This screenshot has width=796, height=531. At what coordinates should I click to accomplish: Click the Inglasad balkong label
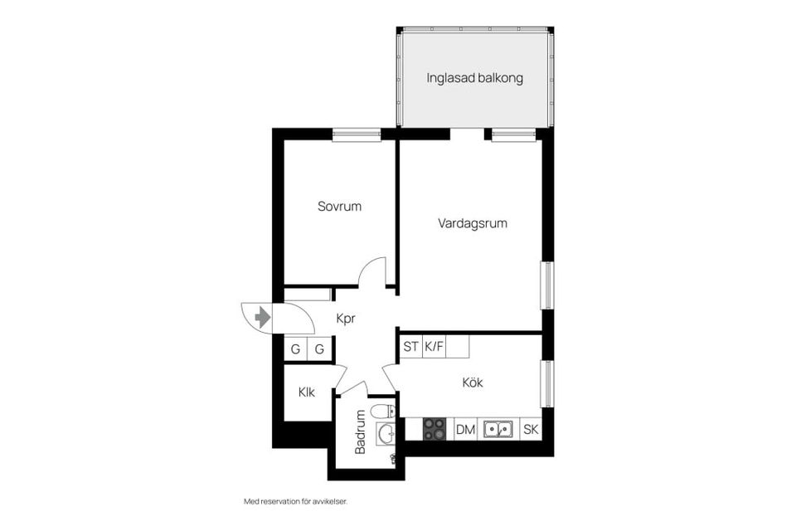click(474, 78)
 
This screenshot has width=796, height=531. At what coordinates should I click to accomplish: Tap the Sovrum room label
click(339, 207)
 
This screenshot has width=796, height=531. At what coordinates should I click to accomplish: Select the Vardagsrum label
click(473, 223)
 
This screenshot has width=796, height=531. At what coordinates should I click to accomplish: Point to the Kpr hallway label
click(346, 318)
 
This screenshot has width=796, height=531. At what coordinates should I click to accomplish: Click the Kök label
click(473, 382)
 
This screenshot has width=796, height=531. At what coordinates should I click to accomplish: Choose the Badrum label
click(360, 432)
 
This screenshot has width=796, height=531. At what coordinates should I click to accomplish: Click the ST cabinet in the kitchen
click(410, 347)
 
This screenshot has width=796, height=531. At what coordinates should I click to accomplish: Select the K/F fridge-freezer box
click(434, 347)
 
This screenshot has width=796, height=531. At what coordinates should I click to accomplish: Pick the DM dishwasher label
click(465, 429)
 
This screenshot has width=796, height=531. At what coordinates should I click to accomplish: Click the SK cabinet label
click(531, 429)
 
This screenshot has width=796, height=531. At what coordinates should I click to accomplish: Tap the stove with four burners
click(434, 429)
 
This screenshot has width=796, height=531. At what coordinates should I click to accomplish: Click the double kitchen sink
click(498, 429)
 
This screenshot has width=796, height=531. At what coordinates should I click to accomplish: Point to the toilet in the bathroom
click(382, 412)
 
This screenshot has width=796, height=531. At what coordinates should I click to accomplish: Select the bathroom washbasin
click(385, 433)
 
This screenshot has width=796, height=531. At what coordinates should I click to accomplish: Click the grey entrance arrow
click(263, 316)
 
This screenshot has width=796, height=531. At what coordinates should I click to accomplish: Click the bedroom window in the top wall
click(357, 134)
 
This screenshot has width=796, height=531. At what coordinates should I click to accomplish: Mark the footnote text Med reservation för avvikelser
click(294, 502)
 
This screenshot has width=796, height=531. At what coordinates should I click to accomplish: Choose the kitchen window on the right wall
click(546, 383)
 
